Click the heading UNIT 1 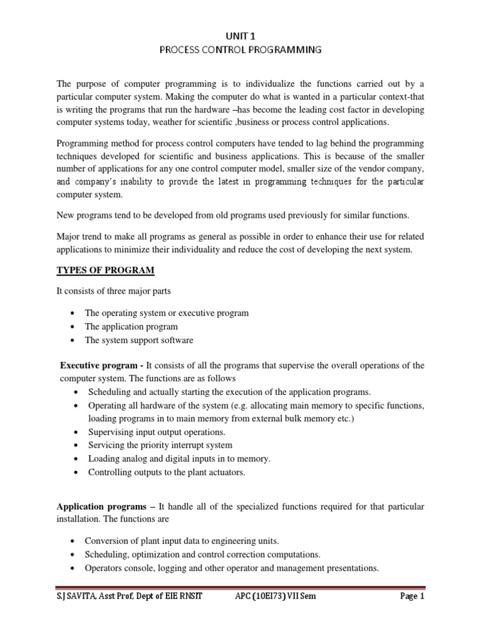[x=240, y=38]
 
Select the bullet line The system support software [x=139, y=341]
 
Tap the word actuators [x=224, y=473]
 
